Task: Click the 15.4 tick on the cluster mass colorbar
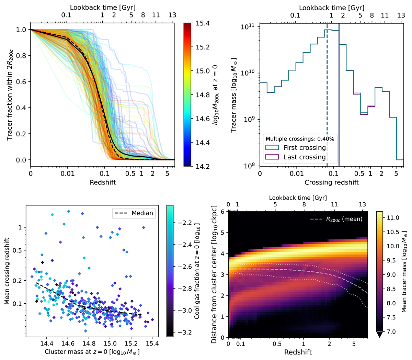click(x=203, y=23)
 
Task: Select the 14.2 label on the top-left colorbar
click(x=203, y=166)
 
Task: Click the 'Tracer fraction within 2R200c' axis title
click(x=10, y=95)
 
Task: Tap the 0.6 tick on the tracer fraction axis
click(x=21, y=82)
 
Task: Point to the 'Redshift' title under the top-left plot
click(x=103, y=182)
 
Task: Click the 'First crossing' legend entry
click(x=305, y=148)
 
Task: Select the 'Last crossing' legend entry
click(x=305, y=157)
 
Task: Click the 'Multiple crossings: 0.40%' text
click(x=300, y=139)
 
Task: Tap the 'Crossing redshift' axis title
click(x=332, y=182)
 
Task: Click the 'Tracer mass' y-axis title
click(x=234, y=95)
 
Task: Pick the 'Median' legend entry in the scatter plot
click(x=142, y=213)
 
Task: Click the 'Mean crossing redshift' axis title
click(x=7, y=271)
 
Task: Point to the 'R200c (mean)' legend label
click(x=344, y=219)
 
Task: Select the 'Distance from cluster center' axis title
click(x=215, y=274)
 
